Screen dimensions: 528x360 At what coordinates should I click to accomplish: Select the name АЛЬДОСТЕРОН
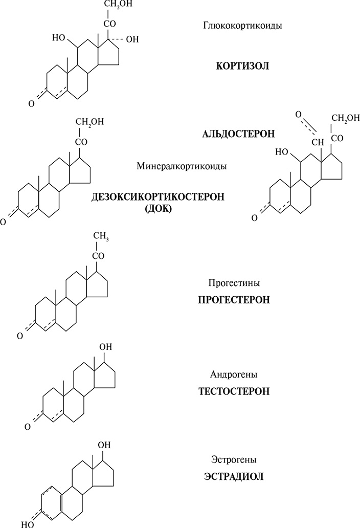pyautogui.click(x=239, y=134)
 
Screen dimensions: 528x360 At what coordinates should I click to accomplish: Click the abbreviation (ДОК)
pyautogui.click(x=159, y=210)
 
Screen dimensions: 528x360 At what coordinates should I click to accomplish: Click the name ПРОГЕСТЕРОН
pyautogui.click(x=234, y=300)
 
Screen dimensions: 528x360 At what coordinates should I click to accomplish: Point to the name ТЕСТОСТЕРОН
pyautogui.click(x=234, y=392)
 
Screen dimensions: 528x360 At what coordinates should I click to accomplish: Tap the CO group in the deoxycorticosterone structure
pyautogui.click(x=81, y=141)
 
